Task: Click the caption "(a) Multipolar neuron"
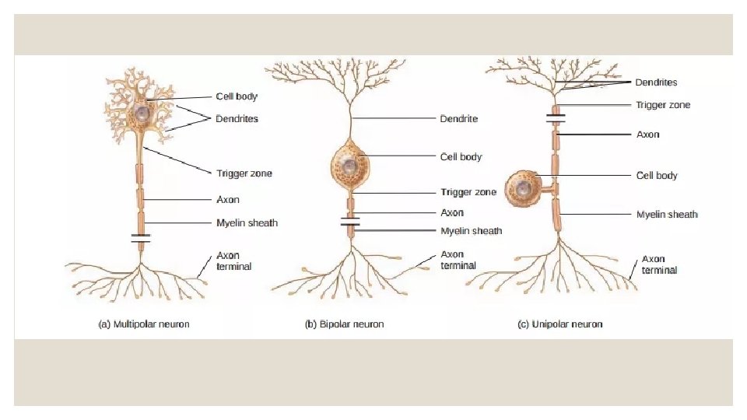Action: coord(143,324)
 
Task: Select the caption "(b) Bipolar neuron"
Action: coord(344,324)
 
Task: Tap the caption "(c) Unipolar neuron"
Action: coord(559,324)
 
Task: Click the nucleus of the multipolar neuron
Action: coord(142,113)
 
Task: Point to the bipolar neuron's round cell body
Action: coord(349,166)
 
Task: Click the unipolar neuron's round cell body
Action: coord(523,189)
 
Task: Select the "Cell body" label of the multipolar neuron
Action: coord(237,97)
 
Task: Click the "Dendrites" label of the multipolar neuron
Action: coord(237,119)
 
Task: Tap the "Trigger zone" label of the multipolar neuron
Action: coord(244,173)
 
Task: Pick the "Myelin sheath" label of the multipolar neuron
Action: coord(247,223)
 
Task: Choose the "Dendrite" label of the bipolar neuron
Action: coord(459,119)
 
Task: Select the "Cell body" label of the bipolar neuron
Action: coord(461,156)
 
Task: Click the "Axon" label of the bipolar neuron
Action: coord(452,212)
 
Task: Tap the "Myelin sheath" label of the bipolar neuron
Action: coord(471,231)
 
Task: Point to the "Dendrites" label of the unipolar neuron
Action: coord(656,82)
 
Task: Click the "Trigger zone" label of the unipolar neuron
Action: coord(663,105)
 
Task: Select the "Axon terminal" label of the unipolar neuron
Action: coord(659,264)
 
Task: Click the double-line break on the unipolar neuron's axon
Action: coord(556,119)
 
